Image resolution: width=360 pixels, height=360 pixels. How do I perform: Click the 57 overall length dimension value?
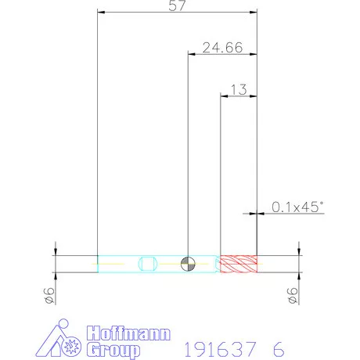coord(177,5)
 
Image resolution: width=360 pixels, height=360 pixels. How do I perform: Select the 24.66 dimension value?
coord(222,48)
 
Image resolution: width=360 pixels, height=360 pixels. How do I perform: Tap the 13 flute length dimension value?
coord(239,89)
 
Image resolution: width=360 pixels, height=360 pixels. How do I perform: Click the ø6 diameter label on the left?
coord(49,296)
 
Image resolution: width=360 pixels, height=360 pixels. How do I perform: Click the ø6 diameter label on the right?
coord(293,296)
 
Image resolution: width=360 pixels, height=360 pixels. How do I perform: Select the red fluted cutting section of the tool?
coord(239,264)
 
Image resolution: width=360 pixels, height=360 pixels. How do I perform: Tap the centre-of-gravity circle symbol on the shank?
coord(188,264)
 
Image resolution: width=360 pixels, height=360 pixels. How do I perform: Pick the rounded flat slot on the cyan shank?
coord(148,264)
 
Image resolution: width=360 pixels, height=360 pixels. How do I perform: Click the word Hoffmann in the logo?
coord(128,333)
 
